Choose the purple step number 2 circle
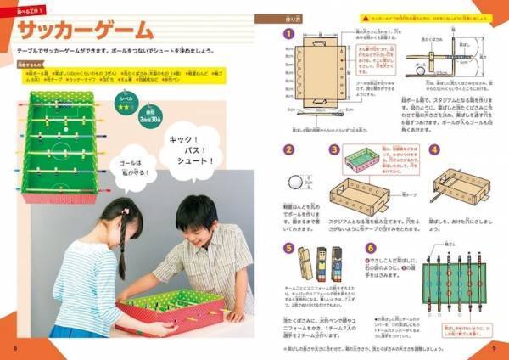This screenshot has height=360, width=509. pos(288,149)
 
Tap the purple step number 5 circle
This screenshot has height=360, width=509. pos(288,249)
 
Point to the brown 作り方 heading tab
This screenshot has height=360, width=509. pos(298,16)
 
